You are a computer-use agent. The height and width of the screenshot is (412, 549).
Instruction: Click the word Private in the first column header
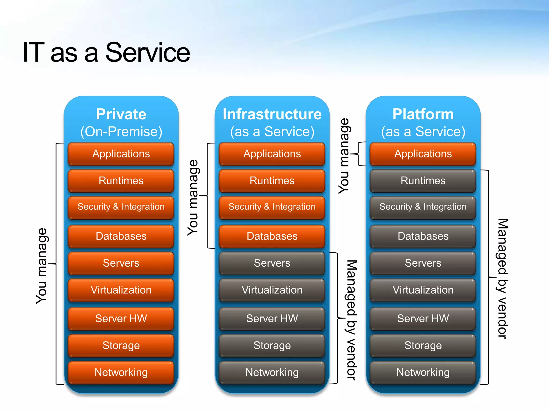(x=121, y=114)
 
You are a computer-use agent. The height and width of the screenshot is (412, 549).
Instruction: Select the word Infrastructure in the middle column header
(x=272, y=114)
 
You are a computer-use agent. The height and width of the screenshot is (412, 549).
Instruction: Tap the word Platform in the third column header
(x=423, y=114)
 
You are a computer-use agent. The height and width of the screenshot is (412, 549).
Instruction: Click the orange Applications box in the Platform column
(x=423, y=154)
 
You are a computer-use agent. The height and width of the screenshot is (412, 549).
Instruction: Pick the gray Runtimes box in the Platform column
(x=423, y=181)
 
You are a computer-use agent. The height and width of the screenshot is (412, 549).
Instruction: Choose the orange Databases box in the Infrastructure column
(x=272, y=236)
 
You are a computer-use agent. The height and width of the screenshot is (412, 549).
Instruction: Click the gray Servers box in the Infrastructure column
(x=272, y=263)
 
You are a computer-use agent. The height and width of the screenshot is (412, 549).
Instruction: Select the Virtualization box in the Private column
(x=121, y=290)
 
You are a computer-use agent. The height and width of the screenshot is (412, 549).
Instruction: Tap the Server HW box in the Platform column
(x=423, y=319)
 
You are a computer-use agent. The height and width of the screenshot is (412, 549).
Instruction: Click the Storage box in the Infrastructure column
(x=272, y=345)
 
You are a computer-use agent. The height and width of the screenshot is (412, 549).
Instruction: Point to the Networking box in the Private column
(x=121, y=373)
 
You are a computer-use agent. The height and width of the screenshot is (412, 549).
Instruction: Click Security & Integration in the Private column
(x=121, y=207)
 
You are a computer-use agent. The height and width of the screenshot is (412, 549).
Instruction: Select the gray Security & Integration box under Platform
(x=423, y=207)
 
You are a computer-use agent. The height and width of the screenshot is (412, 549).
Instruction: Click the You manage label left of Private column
(x=42, y=266)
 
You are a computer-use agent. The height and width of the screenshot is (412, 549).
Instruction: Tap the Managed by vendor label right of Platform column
(x=503, y=279)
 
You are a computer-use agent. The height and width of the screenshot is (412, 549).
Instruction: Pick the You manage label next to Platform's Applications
(x=344, y=156)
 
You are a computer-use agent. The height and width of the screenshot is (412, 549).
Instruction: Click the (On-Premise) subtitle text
(x=121, y=132)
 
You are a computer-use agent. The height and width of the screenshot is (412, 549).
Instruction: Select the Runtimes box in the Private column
(x=121, y=181)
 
